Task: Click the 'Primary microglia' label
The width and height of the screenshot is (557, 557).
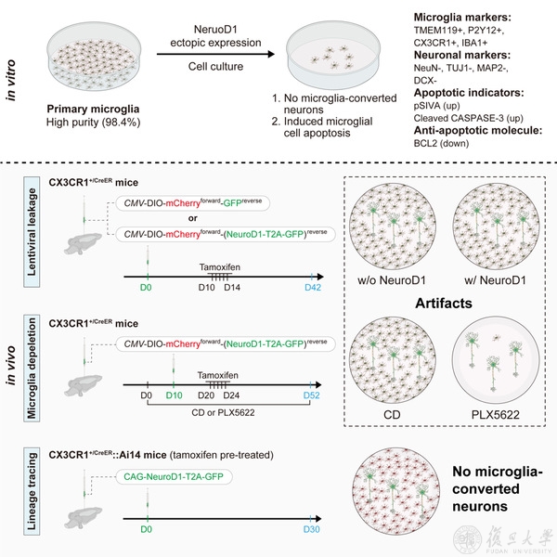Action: (x=91, y=109)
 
